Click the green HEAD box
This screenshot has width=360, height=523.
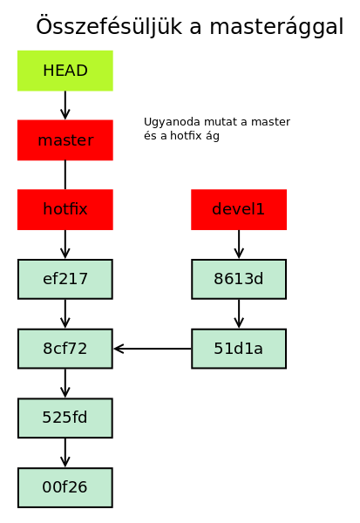pos(65,71)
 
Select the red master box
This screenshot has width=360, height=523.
pos(65,140)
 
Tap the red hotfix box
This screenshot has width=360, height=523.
pos(65,209)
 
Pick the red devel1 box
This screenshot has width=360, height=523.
pos(239,209)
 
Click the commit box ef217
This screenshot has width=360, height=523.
pos(65,279)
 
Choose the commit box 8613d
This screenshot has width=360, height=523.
pos(239,279)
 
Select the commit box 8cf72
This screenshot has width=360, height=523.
pos(65,349)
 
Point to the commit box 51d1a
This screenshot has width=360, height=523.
pos(239,349)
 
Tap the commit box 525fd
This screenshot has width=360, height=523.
pos(65,418)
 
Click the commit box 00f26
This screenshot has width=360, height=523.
pos(65,487)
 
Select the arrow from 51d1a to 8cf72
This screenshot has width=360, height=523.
pos(153,349)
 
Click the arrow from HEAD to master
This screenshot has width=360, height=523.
pos(65,105)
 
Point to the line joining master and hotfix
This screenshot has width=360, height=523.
pos(65,175)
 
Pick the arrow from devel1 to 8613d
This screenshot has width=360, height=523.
pos(239,244)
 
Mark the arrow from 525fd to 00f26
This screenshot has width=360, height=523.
pos(65,453)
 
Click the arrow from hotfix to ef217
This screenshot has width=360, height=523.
pos(65,244)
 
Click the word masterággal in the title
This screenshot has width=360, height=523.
pos(276,27)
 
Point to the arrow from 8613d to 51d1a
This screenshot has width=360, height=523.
pos(239,314)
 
